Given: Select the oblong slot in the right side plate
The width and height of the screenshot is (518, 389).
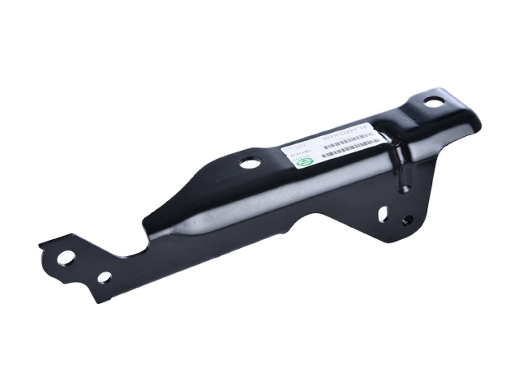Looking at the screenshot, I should [x=383, y=213].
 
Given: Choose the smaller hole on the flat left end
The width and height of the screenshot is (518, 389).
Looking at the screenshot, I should [x=104, y=277].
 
